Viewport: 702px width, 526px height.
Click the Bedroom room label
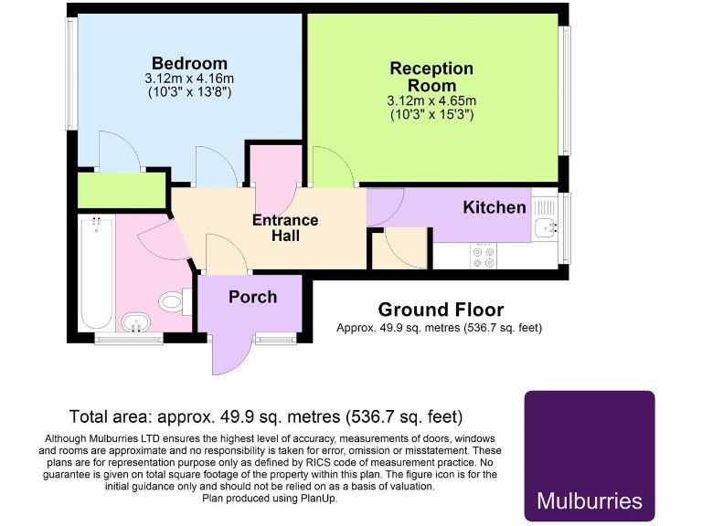(x=189, y=63)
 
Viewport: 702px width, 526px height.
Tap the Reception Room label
(x=431, y=77)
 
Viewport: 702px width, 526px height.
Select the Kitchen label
(x=495, y=207)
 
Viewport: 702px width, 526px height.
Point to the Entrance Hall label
(x=285, y=228)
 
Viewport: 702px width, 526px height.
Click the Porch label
(x=252, y=297)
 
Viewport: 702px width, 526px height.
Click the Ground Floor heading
(x=441, y=310)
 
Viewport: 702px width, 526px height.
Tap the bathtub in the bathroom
(x=95, y=274)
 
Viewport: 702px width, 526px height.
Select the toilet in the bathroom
(x=174, y=300)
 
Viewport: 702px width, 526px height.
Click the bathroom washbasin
(x=137, y=322)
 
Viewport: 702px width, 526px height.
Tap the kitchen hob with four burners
(x=484, y=257)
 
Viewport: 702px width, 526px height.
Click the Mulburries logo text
(x=589, y=500)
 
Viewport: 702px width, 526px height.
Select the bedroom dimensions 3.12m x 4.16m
(x=189, y=79)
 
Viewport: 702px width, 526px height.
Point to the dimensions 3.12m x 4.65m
(x=432, y=101)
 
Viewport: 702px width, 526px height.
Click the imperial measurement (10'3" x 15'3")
(x=432, y=115)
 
